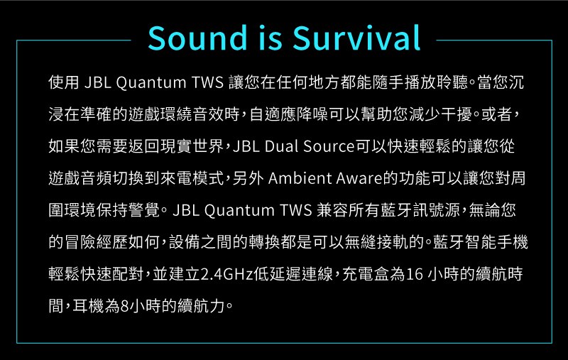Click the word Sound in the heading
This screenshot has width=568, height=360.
coord(197,38)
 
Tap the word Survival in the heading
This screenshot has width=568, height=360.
coord(356,38)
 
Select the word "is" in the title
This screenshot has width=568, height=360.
coord(270,38)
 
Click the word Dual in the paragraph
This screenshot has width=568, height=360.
coord(282,146)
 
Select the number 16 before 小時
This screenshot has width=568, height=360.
coord(414,274)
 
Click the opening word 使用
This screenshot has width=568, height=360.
coord(64,82)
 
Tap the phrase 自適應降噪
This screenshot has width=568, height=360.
coord(289,114)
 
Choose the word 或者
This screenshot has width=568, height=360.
coord(496,114)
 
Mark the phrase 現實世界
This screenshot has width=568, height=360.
coord(192,146)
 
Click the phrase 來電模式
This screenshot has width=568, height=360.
coord(192,178)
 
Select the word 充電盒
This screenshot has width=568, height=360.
coord(366,274)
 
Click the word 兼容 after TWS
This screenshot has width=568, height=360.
coord(332,210)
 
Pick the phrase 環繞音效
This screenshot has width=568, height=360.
coord(192,114)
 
